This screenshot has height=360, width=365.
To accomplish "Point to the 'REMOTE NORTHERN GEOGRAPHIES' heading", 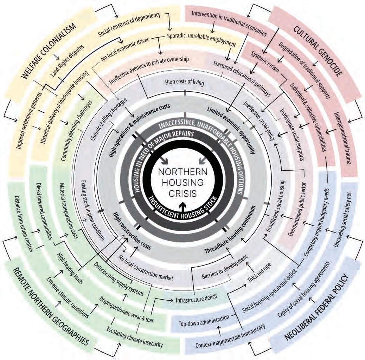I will (46, 306).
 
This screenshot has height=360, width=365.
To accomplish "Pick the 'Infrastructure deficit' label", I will (194, 300).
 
